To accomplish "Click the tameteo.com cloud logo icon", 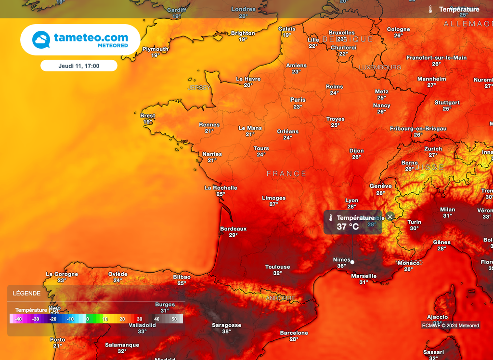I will [41, 40].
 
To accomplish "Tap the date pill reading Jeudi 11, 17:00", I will [78, 66].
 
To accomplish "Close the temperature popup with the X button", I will [390, 217].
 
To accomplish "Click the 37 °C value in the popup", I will [348, 227].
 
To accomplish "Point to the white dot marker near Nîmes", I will [352, 262].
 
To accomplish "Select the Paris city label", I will [298, 100].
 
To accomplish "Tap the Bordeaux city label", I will [233, 228].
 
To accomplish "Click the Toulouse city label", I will [278, 267].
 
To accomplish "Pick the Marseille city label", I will [364, 276].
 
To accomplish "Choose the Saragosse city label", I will [227, 325].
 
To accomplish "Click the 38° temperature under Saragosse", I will [227, 332].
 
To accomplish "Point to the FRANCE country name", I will [286, 173].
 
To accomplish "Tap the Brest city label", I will [148, 116].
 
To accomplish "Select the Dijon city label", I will [357, 151].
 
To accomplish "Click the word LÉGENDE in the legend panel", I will [27, 293].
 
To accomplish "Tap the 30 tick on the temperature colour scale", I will [139, 319].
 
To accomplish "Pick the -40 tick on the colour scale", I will [18, 319].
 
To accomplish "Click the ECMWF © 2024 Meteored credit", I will [451, 325].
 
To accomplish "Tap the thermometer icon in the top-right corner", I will [430, 9].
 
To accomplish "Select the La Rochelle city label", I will [221, 188].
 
